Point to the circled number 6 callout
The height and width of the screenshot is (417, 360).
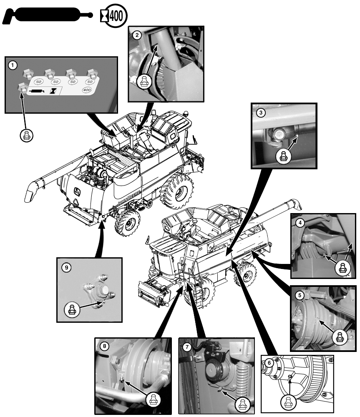(x=269, y=363)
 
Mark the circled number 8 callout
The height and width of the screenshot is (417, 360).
(x=105, y=346)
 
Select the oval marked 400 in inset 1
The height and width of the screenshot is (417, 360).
(x=87, y=90)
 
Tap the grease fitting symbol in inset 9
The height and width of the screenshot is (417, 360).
(x=71, y=309)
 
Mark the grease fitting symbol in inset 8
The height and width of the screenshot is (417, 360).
(x=153, y=400)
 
